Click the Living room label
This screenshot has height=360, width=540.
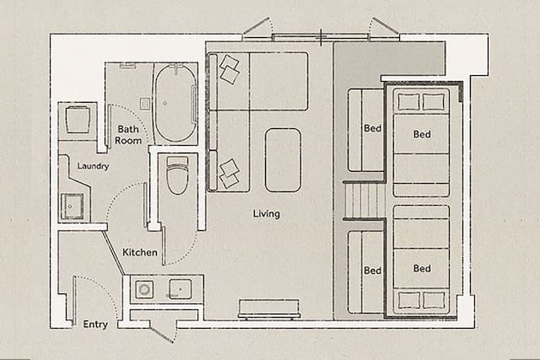pyautogui.click(x=266, y=213)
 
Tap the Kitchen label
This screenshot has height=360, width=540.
pyautogui.click(x=139, y=252)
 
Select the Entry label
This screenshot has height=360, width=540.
pyautogui.click(x=95, y=324)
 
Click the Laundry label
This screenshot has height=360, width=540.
pyautogui.click(x=93, y=166)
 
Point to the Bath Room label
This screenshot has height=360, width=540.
pyautogui.click(x=129, y=135)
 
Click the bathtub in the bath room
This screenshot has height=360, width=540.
pyautogui.click(x=175, y=104)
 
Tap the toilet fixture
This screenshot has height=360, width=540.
pyautogui.click(x=177, y=175)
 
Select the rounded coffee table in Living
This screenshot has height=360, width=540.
pyautogui.click(x=283, y=159)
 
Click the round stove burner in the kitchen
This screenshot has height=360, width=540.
pyautogui.click(x=144, y=290)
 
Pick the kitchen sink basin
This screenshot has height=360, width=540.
pyautogui.click(x=180, y=289)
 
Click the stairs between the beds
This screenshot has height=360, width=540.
pyautogui.click(x=364, y=200)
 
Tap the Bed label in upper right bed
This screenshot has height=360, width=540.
pyautogui.click(x=422, y=135)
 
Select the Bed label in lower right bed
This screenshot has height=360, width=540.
pyautogui.click(x=422, y=269)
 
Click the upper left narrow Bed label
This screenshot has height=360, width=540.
pyautogui.click(x=372, y=129)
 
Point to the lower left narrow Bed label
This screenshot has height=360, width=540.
pyautogui.click(x=372, y=270)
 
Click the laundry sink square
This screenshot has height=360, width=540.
pyautogui.click(x=72, y=207)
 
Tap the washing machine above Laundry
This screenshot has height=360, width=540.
pyautogui.click(x=79, y=119)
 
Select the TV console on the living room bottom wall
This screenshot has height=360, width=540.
pyautogui.click(x=269, y=309)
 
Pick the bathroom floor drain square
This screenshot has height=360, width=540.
pyautogui.click(x=143, y=104)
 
